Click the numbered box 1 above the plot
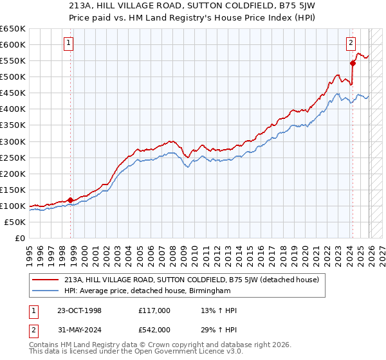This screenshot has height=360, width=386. (x=69, y=44)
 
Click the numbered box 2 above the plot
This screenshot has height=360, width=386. (x=351, y=44)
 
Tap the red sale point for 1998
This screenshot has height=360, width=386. (x=70, y=200)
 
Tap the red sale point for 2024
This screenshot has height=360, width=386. (x=353, y=63)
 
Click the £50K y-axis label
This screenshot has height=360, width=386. (x=15, y=222)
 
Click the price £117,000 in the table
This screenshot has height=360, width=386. (x=154, y=310)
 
